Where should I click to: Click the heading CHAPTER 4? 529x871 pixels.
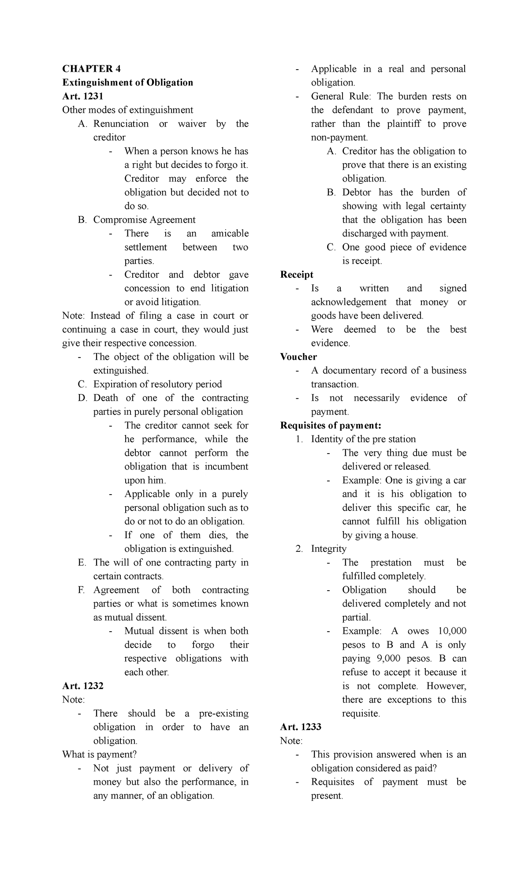[91, 69]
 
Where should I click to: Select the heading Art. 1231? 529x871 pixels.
[82, 96]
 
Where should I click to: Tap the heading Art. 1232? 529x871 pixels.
[82, 686]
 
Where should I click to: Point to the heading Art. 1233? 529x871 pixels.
[301, 727]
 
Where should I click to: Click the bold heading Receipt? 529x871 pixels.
[297, 275]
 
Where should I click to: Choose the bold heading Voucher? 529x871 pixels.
[298, 357]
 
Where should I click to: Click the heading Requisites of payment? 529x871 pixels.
[330, 425]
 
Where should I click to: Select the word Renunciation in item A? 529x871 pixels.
[121, 124]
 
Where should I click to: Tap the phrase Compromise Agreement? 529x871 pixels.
[144, 220]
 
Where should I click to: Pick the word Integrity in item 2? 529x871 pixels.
[328, 549]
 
